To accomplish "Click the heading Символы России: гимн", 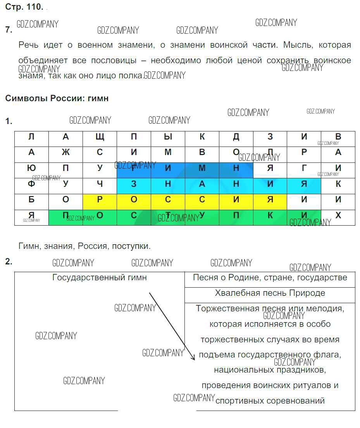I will [57, 98].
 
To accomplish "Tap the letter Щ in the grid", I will [100, 137].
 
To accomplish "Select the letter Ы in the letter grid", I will [168, 137].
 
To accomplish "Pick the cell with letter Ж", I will [65, 152].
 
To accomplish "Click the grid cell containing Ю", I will [31, 168].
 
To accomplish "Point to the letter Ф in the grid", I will [31, 184].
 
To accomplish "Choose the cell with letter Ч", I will [100, 184].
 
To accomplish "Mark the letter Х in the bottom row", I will [338, 216].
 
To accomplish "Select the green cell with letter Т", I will [168, 216].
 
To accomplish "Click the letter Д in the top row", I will [236, 137].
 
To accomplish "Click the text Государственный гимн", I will [100, 278].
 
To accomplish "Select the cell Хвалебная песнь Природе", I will [270, 293].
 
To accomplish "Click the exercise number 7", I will [9, 30].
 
